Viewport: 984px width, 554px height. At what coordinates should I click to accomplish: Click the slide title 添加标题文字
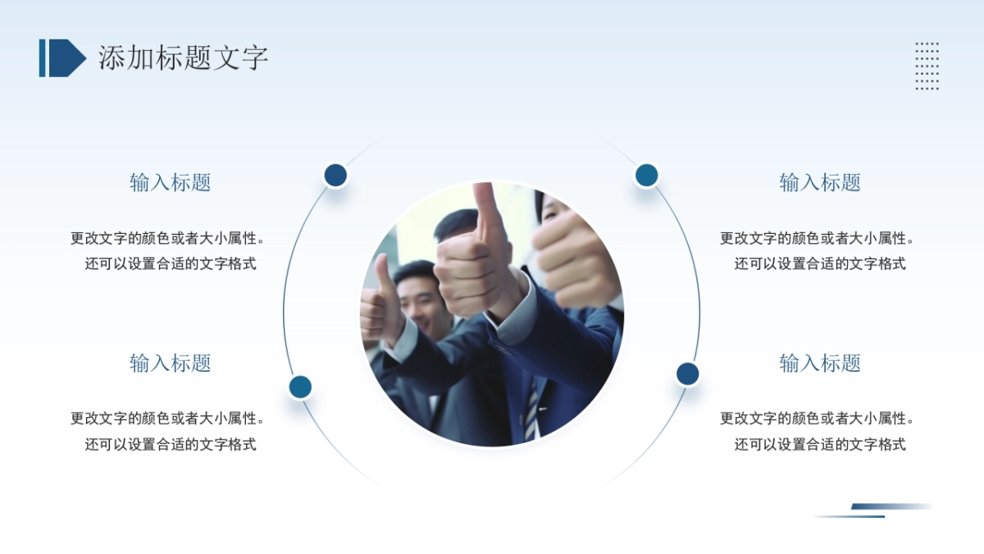pos(183,57)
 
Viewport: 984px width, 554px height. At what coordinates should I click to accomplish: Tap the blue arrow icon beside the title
pos(63,57)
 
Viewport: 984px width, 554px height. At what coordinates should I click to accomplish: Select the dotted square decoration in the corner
pos(927,66)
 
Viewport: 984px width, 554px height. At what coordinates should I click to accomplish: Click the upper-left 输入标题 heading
pos(171,182)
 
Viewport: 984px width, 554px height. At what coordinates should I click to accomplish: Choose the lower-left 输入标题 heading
pos(171,363)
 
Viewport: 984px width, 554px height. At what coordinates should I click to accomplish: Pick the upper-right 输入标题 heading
pos(820,182)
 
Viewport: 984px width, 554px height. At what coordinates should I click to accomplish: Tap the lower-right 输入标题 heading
pos(820,363)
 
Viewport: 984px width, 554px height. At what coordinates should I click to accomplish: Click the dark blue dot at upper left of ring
pos(335,175)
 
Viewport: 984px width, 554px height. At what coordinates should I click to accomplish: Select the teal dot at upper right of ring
pos(647,175)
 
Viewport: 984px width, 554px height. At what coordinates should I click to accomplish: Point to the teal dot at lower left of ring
pos(300,387)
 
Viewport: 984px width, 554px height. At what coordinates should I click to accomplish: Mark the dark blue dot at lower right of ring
pos(687,374)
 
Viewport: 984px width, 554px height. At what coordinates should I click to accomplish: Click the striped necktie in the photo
pos(532,410)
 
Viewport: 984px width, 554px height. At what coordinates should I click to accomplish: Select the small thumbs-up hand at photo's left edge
pos(379,304)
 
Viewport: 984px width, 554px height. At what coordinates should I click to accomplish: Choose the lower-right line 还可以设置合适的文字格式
pos(820,444)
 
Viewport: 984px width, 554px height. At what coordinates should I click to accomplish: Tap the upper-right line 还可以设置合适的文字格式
pos(820,263)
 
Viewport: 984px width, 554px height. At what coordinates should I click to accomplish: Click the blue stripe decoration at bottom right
pos(873,511)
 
